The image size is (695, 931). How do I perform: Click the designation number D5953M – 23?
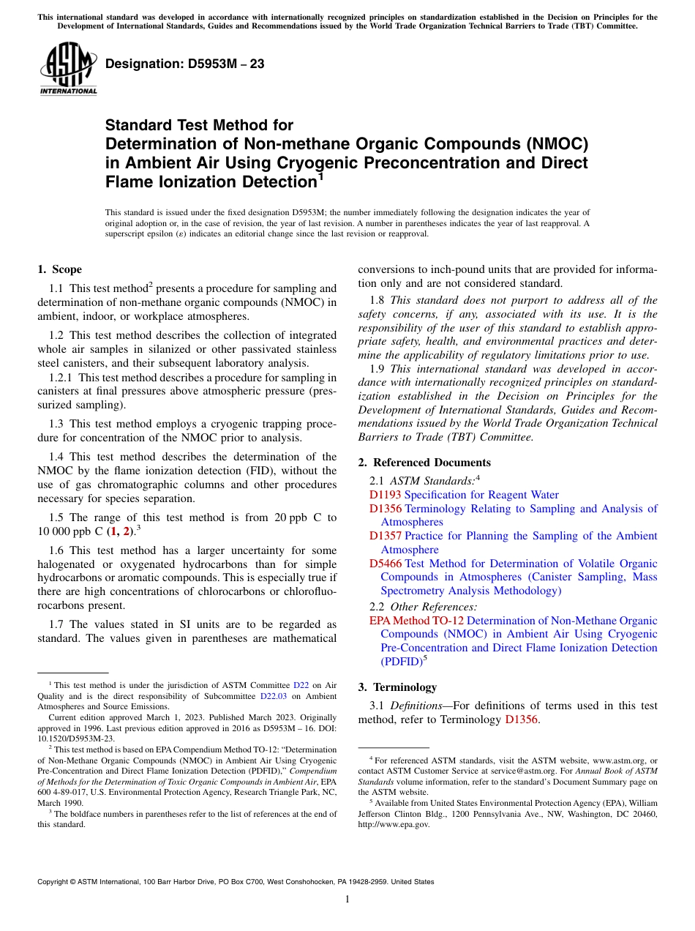(x=184, y=64)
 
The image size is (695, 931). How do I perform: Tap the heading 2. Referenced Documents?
(x=424, y=462)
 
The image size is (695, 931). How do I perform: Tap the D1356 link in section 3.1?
(x=521, y=719)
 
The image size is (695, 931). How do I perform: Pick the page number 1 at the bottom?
(x=347, y=900)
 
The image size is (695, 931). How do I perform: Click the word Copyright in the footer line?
(x=54, y=882)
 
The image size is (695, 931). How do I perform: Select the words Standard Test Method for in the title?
(x=199, y=125)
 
